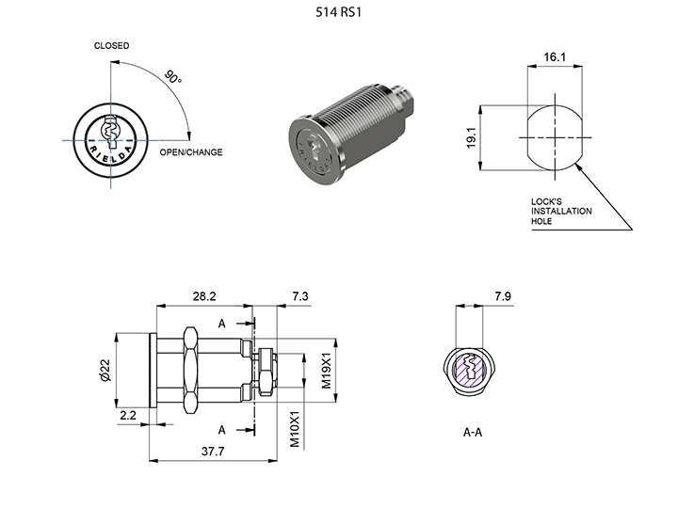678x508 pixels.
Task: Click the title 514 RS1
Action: coord(338,14)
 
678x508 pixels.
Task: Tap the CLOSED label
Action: coord(111,46)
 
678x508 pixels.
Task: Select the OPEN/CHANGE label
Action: coord(190,152)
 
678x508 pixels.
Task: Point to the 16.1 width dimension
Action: coord(555,57)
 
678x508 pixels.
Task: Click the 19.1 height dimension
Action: coord(469,137)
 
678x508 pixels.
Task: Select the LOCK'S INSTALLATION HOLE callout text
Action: coord(561,211)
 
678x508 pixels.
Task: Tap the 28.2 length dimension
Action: coord(204,296)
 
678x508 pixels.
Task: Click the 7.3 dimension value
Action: coord(300,296)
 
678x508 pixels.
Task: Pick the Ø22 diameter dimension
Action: coord(105,372)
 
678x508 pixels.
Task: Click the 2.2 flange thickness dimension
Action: coord(128,413)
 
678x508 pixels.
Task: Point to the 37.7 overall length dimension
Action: coord(214,452)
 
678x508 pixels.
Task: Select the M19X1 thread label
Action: coord(325,370)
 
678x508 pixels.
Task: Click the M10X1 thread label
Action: coord(294,428)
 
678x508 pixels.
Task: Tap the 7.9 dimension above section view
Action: coord(503,297)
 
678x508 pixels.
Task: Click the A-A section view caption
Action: coord(473,435)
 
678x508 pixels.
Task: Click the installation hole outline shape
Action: coord(555,136)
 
